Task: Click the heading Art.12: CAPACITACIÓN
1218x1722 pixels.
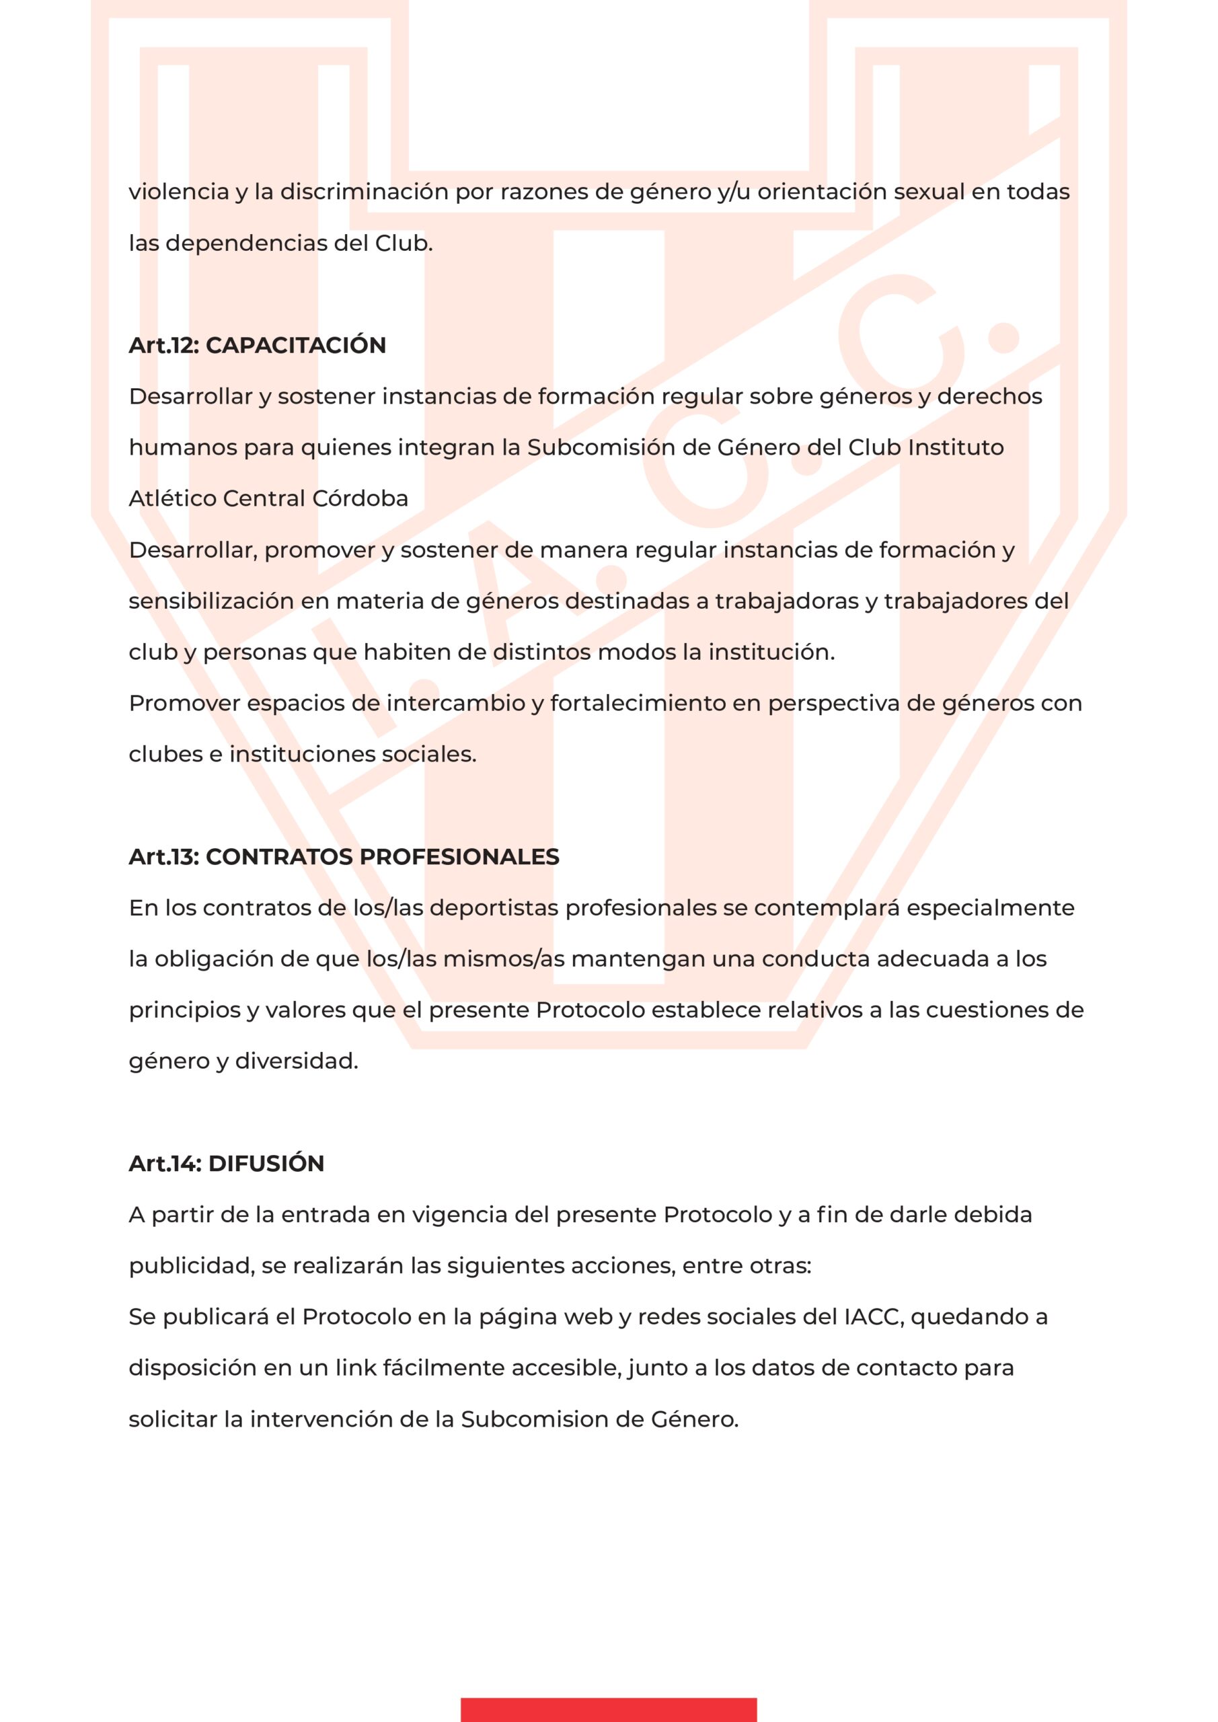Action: (x=257, y=345)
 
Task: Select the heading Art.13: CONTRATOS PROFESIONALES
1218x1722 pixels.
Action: (x=344, y=856)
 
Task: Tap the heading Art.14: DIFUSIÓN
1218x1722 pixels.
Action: (x=227, y=1163)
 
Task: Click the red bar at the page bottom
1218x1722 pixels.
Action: (x=608, y=1709)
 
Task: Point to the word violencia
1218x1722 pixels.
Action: (x=178, y=192)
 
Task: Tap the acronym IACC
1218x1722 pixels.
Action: (x=872, y=1317)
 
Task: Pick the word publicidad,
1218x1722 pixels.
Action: (x=192, y=1266)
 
